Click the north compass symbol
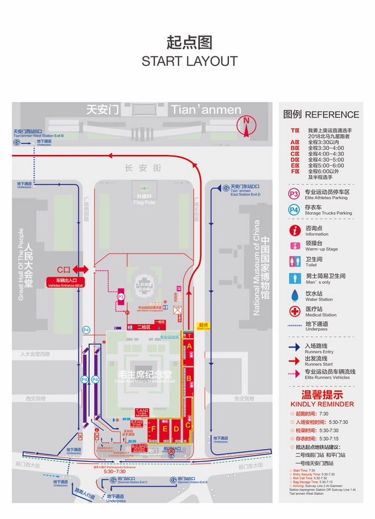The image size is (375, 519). (246, 127)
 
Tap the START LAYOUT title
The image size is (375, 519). (189, 61)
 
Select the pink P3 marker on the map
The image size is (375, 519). (120, 296)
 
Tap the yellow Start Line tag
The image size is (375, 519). (203, 327)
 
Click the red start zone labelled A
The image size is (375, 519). (190, 345)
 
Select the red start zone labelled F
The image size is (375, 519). (151, 429)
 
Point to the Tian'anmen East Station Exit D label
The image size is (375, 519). (245, 191)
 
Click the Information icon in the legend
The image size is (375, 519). (294, 230)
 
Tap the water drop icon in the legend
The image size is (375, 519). (294, 295)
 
